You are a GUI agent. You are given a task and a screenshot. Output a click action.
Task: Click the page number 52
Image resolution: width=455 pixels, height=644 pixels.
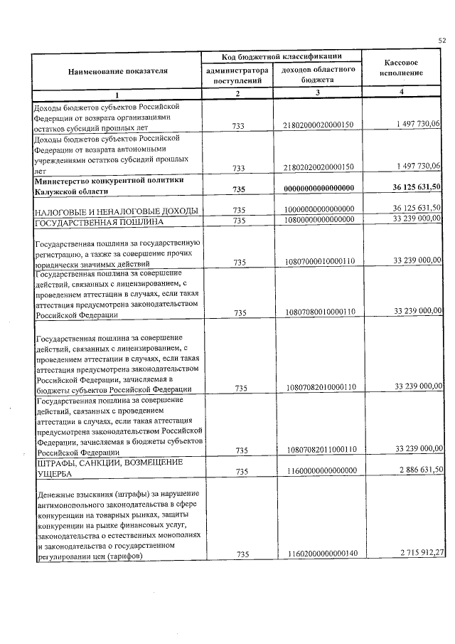pos(441,41)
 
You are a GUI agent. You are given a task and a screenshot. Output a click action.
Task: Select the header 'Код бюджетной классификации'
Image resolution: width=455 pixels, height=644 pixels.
pos(282,56)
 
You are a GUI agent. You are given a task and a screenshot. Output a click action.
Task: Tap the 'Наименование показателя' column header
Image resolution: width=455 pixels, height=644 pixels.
pos(118,72)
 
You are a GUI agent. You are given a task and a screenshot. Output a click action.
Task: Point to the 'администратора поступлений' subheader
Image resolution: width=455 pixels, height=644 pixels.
pos(237,75)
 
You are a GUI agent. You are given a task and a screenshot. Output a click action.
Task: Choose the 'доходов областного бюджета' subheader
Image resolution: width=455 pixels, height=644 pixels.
pos(318,75)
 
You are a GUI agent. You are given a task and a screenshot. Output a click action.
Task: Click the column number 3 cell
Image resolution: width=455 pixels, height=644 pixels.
pos(318,94)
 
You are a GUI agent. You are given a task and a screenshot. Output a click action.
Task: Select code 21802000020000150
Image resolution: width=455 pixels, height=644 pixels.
pos(318,125)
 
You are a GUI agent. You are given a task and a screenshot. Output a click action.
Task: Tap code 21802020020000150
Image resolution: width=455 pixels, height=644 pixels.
pos(318,166)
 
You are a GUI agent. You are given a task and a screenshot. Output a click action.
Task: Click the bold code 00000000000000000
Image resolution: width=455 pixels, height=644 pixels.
pos(318,187)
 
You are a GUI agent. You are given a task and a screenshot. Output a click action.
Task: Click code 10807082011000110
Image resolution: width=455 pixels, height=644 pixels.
pos(318,449)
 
